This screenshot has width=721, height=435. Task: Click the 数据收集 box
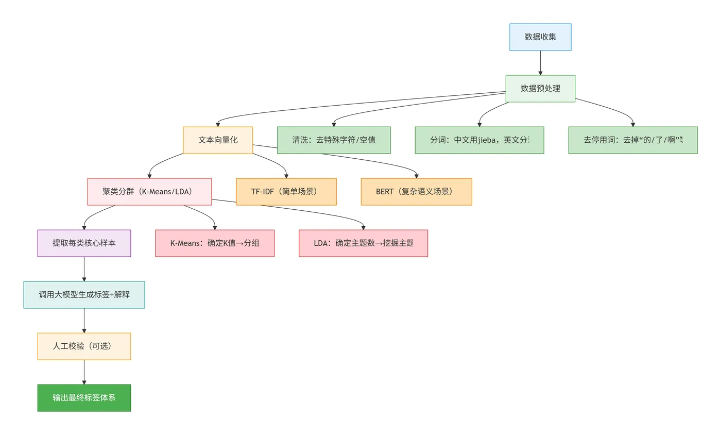[540, 37]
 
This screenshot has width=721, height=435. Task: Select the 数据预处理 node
[540, 89]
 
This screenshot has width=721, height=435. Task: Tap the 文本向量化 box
[218, 140]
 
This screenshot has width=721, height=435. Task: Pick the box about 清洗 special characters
[334, 140]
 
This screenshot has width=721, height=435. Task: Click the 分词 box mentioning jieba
[479, 140]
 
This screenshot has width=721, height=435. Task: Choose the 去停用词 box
[633, 140]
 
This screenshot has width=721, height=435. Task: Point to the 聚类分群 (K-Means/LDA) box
[149, 192]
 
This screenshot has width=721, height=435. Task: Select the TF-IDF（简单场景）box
[286, 192]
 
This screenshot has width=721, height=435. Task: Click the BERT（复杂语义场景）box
[416, 192]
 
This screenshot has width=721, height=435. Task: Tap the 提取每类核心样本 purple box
[84, 243]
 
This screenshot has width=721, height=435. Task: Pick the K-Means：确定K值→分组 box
[215, 243]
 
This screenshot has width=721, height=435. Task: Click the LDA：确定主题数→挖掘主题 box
[363, 243]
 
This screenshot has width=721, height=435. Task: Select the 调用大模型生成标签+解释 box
[84, 295]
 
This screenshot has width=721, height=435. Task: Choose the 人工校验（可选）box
[84, 346]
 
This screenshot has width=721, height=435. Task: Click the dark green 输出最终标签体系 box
[84, 398]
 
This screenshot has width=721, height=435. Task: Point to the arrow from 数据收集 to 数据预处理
[540, 63]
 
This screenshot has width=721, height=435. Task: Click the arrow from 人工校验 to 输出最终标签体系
[84, 372]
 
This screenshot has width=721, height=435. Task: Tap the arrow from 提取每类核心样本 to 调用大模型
[84, 269]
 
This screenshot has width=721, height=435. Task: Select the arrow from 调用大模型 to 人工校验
[84, 321]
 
